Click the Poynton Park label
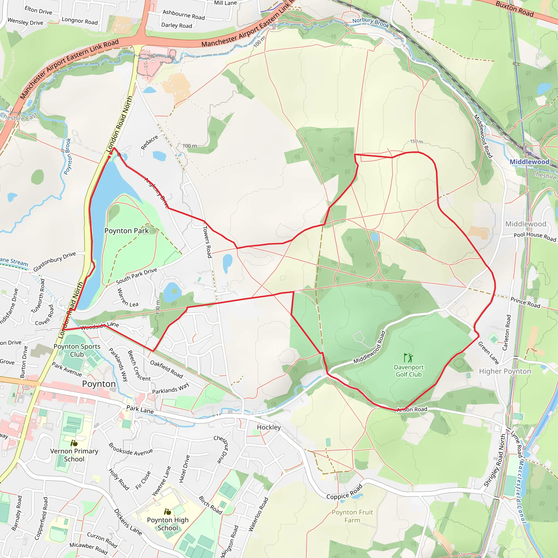pyautogui.click(x=126, y=231)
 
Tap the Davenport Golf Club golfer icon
pyautogui.click(x=408, y=358)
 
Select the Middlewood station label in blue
pyautogui.click(x=529, y=162)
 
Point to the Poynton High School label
pyautogui.click(x=168, y=524)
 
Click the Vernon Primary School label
pyautogui.click(x=74, y=455)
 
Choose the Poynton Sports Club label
pyautogui.click(x=77, y=350)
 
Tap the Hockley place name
pyautogui.click(x=269, y=427)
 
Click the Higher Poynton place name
pyautogui.click(x=505, y=371)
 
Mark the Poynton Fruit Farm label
pyautogui.click(x=352, y=516)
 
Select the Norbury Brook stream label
pyautogui.click(x=371, y=22)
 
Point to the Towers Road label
pyautogui.click(x=207, y=242)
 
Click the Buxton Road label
pyautogui.click(x=514, y=9)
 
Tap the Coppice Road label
pyautogui.click(x=344, y=492)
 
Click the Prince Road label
pyautogui.click(x=525, y=302)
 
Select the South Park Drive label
pyautogui.click(x=136, y=276)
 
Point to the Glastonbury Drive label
pyautogui.click(x=54, y=261)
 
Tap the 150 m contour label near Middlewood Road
pyautogui.click(x=417, y=141)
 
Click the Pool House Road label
pyautogui.click(x=535, y=236)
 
